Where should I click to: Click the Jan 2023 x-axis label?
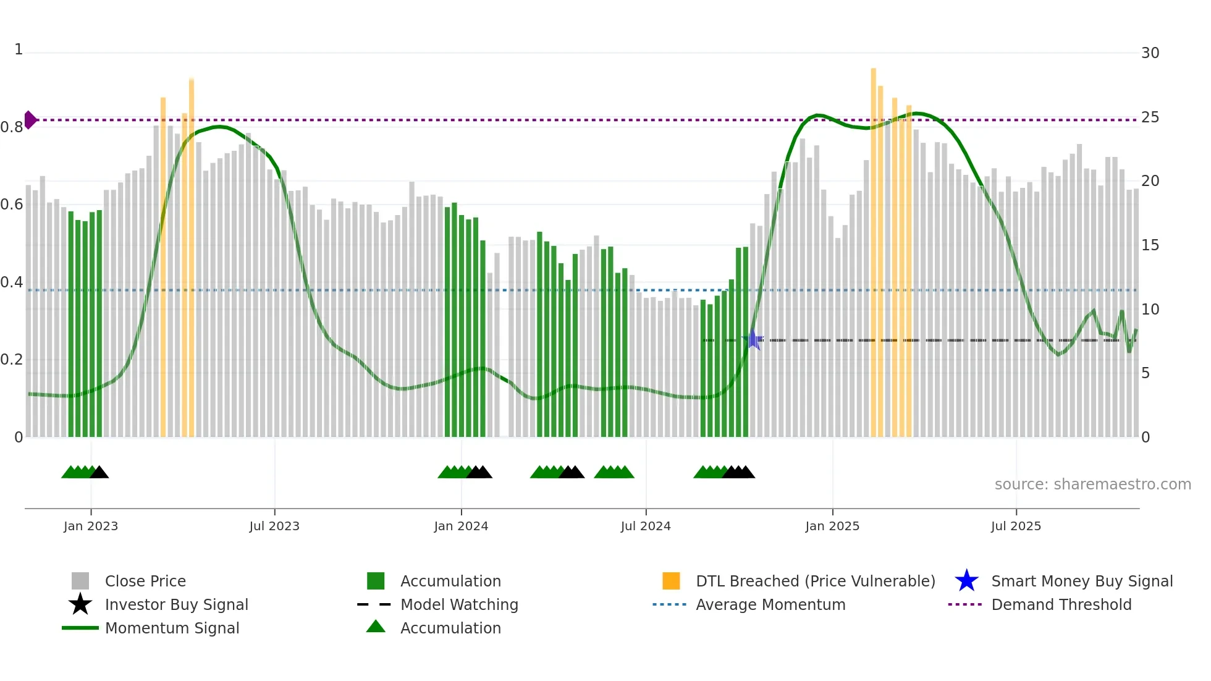pos(90,526)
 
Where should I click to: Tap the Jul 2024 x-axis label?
pos(645,526)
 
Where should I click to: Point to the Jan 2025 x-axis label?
pos(832,526)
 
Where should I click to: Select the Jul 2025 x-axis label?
pos(1015,526)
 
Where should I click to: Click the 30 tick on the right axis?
pos(1150,53)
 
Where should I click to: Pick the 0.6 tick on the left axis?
pos(12,205)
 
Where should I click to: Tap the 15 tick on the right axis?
pos(1150,245)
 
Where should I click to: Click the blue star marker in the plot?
pos(753,339)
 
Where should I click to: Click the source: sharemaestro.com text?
pos(1092,484)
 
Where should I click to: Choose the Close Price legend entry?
pos(145,581)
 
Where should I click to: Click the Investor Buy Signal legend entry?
pos(176,604)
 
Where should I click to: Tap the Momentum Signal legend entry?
pos(172,628)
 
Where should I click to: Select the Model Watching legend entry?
pos(458,604)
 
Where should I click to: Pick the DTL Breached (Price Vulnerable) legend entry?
pos(815,581)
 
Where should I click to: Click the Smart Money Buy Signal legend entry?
pos(1081,581)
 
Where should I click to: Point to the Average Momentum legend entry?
pos(770,604)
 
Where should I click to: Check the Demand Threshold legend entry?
pos(1061,604)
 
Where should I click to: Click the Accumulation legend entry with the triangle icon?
pos(450,628)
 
